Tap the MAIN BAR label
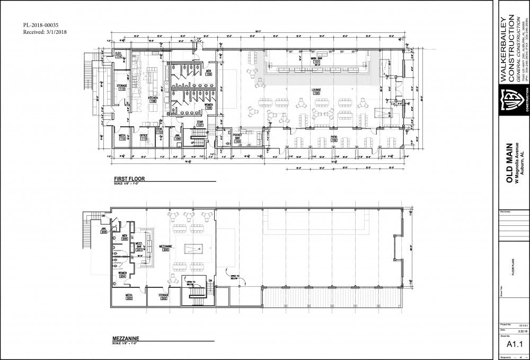(x=317, y=59)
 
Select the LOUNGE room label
(x=316, y=90)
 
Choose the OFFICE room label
(x=143, y=136)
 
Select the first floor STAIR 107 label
(x=200, y=124)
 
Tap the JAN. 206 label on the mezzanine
(x=104, y=231)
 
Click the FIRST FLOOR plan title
(x=129, y=179)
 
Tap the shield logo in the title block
(x=512, y=101)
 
